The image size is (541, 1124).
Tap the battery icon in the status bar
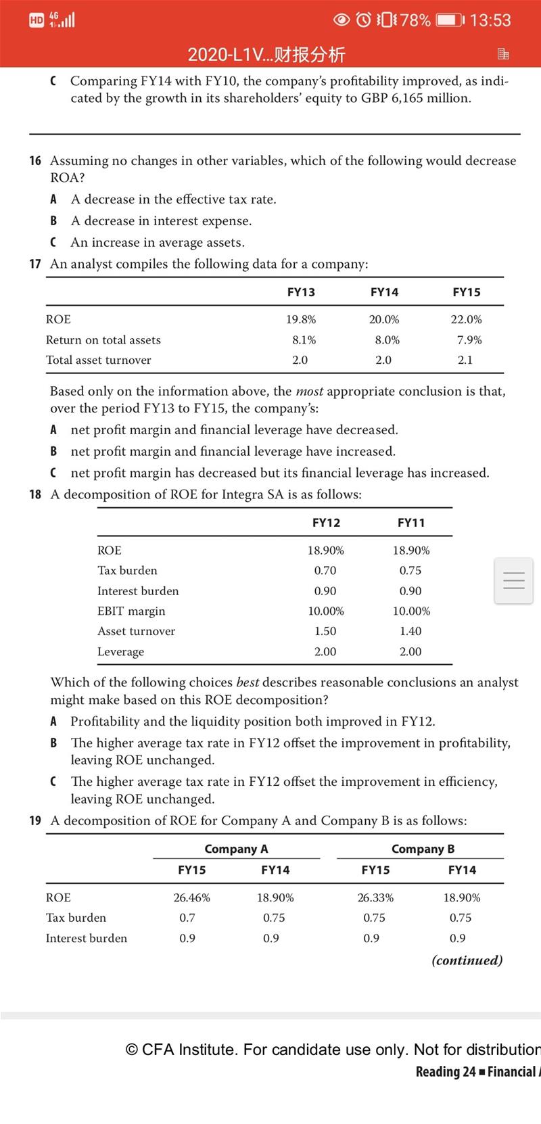coord(448,20)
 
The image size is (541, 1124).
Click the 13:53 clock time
coord(490,20)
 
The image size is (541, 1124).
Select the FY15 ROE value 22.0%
coord(466,319)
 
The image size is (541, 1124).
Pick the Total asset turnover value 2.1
coord(465,360)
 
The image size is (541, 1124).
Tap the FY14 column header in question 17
coord(384,292)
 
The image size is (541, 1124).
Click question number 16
coord(35,161)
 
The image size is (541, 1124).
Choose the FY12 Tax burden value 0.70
coord(325,570)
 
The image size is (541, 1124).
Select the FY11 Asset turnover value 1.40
coord(410,631)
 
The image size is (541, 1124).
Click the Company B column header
coord(423,849)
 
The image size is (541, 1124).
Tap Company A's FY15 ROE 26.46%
coord(191,897)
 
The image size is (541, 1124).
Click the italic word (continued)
coord(467,960)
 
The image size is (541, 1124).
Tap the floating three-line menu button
coord(514,580)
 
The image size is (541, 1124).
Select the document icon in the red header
coord(503,53)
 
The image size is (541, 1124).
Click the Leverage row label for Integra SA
coord(120,651)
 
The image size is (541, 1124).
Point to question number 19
coord(35,821)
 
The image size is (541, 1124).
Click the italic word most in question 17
coord(309,392)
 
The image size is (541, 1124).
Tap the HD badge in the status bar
coord(37,20)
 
